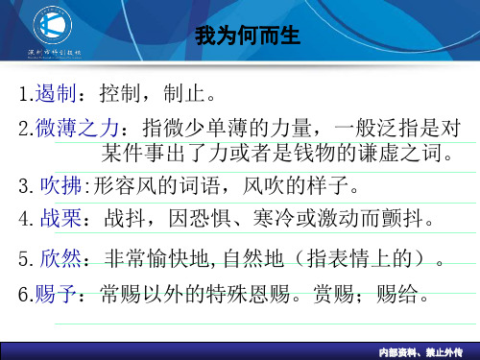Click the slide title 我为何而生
point(248,36)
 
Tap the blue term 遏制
point(49,95)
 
